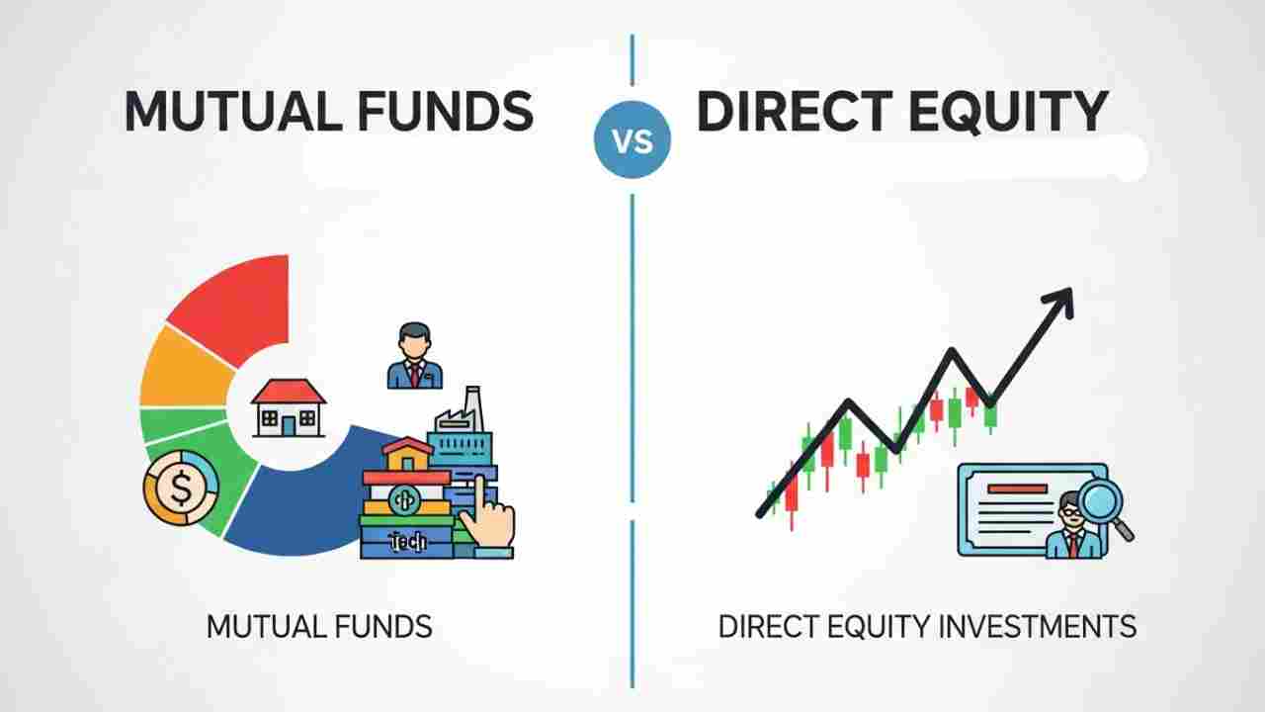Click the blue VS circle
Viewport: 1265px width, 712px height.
(632, 141)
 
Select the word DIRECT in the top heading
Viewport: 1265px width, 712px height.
(787, 111)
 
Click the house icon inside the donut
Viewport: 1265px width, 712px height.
(288, 408)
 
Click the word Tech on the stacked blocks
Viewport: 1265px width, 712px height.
(408, 541)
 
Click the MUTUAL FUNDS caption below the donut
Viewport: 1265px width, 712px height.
(319, 626)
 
